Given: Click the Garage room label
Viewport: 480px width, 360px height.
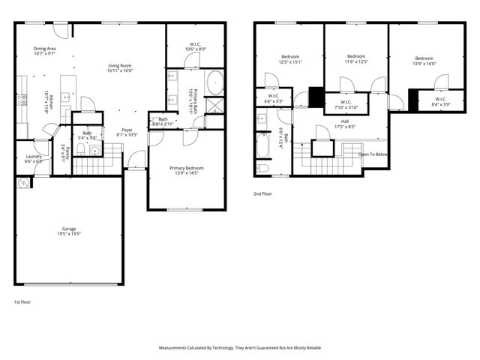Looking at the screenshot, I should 68,232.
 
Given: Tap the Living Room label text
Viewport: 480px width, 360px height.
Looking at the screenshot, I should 120,69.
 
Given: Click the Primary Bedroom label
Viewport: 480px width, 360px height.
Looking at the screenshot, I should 187,170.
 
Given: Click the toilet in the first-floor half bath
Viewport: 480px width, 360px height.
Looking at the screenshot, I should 94,150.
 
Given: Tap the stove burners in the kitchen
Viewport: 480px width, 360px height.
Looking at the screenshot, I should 22,97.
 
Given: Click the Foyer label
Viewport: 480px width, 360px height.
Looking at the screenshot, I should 127,132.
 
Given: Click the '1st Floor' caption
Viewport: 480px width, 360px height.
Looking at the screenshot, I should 22,301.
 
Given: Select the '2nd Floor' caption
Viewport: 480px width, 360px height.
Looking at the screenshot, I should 262,193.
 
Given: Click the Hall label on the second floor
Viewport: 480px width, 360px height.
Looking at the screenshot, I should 344,124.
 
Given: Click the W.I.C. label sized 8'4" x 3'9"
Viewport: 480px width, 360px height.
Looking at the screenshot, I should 439,101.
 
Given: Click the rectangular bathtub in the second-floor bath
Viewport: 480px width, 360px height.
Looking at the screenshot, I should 263,145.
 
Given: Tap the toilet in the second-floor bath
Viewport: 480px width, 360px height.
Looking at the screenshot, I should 263,168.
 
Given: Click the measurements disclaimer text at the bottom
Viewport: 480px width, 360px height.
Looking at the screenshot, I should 239,348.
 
